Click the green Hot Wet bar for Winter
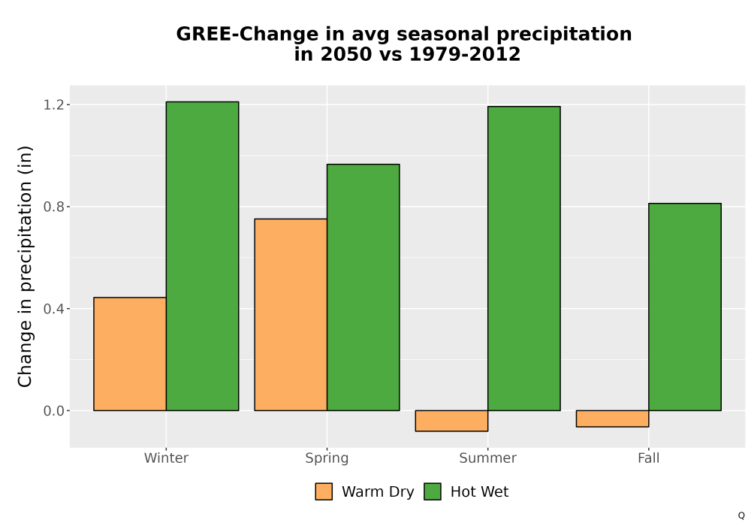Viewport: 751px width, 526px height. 202,255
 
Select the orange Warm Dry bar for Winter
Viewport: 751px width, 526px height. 130,354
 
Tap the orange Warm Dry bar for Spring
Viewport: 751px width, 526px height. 291,315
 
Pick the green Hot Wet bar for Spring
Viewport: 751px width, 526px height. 363,288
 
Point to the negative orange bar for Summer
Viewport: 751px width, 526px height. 451,421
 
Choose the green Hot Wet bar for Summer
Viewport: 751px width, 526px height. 524,258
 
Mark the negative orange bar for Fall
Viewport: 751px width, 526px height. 613,419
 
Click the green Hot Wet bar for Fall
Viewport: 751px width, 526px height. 685,307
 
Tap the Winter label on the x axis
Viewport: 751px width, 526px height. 166,458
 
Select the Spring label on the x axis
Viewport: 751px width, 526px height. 327,458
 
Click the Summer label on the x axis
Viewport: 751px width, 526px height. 488,458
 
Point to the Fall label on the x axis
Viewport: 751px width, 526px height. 649,458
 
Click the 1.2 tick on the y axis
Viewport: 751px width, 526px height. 53,104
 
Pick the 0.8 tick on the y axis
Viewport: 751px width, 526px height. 53,207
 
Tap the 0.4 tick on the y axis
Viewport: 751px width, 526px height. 53,309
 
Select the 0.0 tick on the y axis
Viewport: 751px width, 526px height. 53,410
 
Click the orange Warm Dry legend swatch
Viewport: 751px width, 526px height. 324,491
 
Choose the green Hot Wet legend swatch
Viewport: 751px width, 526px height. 433,491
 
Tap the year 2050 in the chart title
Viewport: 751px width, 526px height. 345,54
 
